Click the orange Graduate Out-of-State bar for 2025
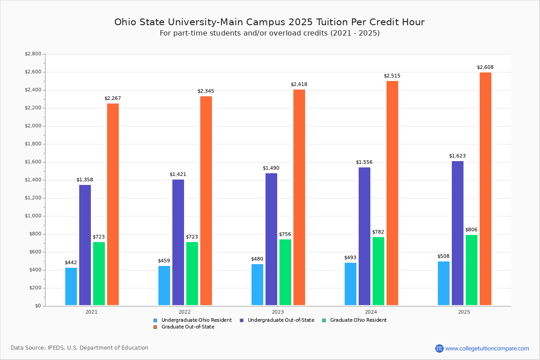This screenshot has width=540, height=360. coord(486,189)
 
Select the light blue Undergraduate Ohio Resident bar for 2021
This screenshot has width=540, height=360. coord(71,287)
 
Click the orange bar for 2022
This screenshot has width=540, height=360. coord(206,201)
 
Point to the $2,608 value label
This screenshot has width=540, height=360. coord(485,67)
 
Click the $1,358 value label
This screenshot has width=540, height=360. coord(85,180)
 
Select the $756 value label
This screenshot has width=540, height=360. coord(285,234)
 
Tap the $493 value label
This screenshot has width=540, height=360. coord(350,258)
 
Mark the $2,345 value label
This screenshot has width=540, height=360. coord(206,91)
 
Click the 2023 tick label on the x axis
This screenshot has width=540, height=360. coord(278,312)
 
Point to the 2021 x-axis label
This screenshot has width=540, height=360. coord(91,312)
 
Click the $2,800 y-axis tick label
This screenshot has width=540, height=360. coord(32,54)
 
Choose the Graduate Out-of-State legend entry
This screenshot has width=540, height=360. coord(188,327)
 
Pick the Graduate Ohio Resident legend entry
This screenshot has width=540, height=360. coord(358,320)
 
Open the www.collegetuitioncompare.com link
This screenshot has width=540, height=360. coord(487,348)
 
